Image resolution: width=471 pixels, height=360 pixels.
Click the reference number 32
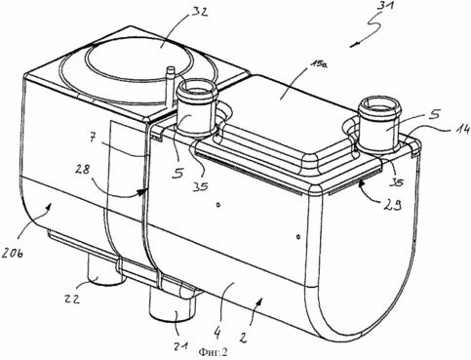click(196, 13)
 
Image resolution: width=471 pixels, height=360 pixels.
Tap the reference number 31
click(382, 6)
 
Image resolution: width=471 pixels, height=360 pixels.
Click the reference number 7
click(92, 139)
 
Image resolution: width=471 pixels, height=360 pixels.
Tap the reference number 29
click(393, 204)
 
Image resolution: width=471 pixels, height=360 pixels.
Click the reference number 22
click(70, 299)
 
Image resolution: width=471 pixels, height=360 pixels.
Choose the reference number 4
click(217, 333)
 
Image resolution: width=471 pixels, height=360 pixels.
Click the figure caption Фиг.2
click(214, 352)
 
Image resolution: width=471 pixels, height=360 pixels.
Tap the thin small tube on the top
click(171, 87)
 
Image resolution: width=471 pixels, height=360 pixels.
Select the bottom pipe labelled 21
click(173, 300)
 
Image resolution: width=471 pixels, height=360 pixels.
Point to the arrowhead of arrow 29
click(361, 184)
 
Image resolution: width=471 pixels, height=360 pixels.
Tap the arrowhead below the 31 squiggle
click(353, 46)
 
